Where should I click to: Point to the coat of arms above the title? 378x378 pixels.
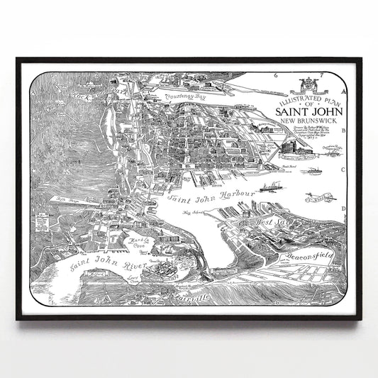pyautogui.click(x=306, y=80)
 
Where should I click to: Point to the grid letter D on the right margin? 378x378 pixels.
pyautogui.click(x=344, y=209)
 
